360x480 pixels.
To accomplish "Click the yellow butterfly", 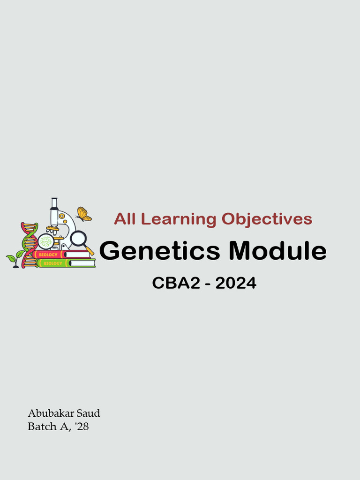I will pyautogui.click(x=83, y=214).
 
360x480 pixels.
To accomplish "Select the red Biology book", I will pyautogui.click(x=61, y=255).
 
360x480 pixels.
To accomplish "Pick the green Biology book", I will pyautogui.click(x=66, y=263).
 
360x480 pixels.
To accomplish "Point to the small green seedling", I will pyautogui.click(x=15, y=258).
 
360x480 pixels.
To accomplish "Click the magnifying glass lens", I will pyautogui.click(x=78, y=239).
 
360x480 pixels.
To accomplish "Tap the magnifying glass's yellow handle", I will pyautogui.click(x=90, y=251).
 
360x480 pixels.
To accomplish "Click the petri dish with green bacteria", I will pyautogui.click(x=46, y=242).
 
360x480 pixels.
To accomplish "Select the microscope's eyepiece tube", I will pyautogui.click(x=54, y=204).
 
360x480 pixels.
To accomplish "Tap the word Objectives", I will pyautogui.click(x=267, y=219).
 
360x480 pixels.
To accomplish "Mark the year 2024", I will pyautogui.click(x=236, y=283).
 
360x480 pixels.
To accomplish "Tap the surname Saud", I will pyautogui.click(x=88, y=413).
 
